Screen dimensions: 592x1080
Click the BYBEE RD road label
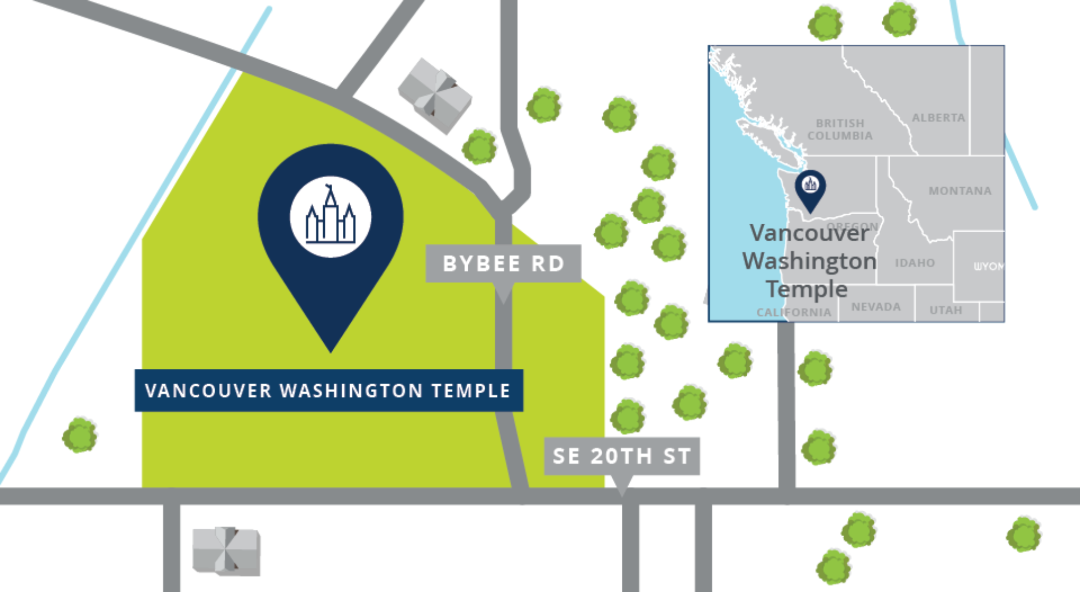tap(503, 263)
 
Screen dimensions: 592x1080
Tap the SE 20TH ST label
tap(622, 456)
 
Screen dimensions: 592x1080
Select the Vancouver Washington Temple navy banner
tap(329, 390)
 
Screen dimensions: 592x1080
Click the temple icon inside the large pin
tap(331, 217)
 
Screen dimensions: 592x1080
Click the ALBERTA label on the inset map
tap(939, 118)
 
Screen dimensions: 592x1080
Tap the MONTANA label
tap(960, 190)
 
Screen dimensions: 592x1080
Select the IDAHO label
tap(915, 263)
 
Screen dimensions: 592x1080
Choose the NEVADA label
tap(876, 307)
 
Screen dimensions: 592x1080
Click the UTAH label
tap(946, 310)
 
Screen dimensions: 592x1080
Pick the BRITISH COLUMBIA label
tap(840, 129)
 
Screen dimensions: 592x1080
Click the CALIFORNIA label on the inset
tap(794, 312)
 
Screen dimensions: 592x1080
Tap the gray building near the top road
tap(435, 96)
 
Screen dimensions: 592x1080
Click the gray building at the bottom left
tap(226, 551)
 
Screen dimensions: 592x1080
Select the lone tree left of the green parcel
tap(80, 435)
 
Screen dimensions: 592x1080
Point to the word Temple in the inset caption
tap(807, 289)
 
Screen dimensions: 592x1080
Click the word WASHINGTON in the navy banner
tap(351, 390)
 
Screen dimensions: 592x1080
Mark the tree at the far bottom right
tap(1024, 534)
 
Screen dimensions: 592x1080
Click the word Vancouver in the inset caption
tap(809, 233)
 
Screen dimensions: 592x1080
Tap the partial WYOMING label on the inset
tap(988, 266)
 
